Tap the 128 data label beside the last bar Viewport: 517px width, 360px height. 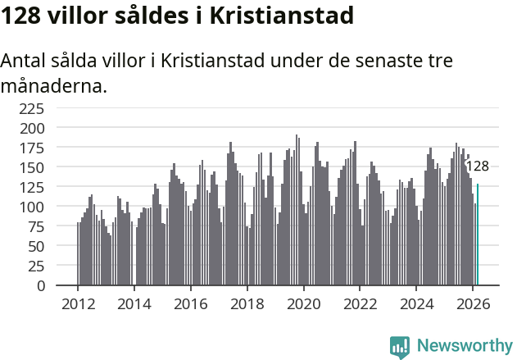[477, 166]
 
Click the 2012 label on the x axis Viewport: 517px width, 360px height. [78, 303]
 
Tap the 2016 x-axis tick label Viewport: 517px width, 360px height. [191, 303]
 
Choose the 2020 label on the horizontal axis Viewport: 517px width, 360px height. [304, 303]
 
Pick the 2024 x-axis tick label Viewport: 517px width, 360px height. [417, 303]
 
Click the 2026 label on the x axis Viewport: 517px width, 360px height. [474, 303]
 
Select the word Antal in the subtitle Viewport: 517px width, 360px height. [25, 62]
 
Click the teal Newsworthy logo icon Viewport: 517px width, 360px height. [399, 347]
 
